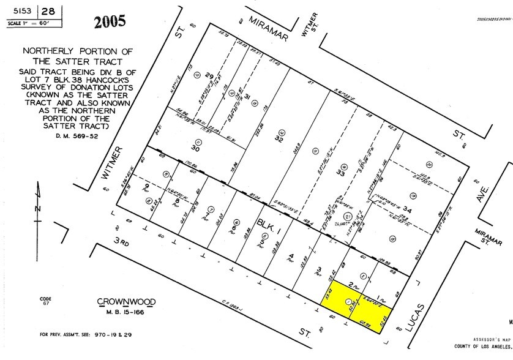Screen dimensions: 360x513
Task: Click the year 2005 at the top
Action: coord(110,22)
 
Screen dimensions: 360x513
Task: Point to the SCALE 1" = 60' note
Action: coord(29,23)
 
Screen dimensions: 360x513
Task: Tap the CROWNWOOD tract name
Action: coord(126,302)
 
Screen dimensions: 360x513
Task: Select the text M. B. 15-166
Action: coord(126,313)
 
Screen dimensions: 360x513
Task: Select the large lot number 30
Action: coord(195,148)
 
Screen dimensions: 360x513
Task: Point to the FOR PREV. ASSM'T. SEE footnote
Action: coord(80,334)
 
